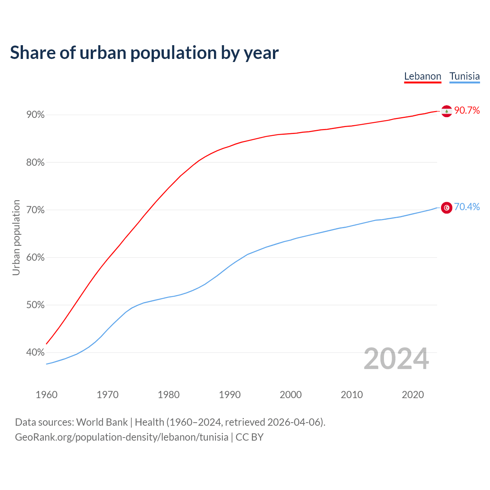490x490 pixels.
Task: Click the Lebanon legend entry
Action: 423,76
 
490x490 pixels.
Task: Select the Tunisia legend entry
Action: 464,76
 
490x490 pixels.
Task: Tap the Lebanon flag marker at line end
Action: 447,111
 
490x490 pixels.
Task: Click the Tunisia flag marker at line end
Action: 447,207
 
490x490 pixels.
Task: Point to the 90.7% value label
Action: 467,111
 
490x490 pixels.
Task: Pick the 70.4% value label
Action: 467,207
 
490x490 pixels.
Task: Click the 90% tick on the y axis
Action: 36,115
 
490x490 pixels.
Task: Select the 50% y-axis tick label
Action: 36,305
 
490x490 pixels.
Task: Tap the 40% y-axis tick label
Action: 36,353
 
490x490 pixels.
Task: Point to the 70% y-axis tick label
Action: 36,210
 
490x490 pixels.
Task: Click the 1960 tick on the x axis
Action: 46,395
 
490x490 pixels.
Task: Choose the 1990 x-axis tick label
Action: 230,395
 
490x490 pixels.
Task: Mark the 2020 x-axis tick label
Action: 413,395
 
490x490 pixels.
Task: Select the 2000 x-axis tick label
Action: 291,395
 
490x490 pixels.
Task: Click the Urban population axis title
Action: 16,237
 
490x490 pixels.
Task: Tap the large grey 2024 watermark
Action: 396,359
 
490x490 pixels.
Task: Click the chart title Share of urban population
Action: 144,53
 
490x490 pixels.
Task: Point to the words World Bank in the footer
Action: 102,422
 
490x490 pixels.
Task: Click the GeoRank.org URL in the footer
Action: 121,437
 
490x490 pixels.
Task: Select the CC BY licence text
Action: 250,437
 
